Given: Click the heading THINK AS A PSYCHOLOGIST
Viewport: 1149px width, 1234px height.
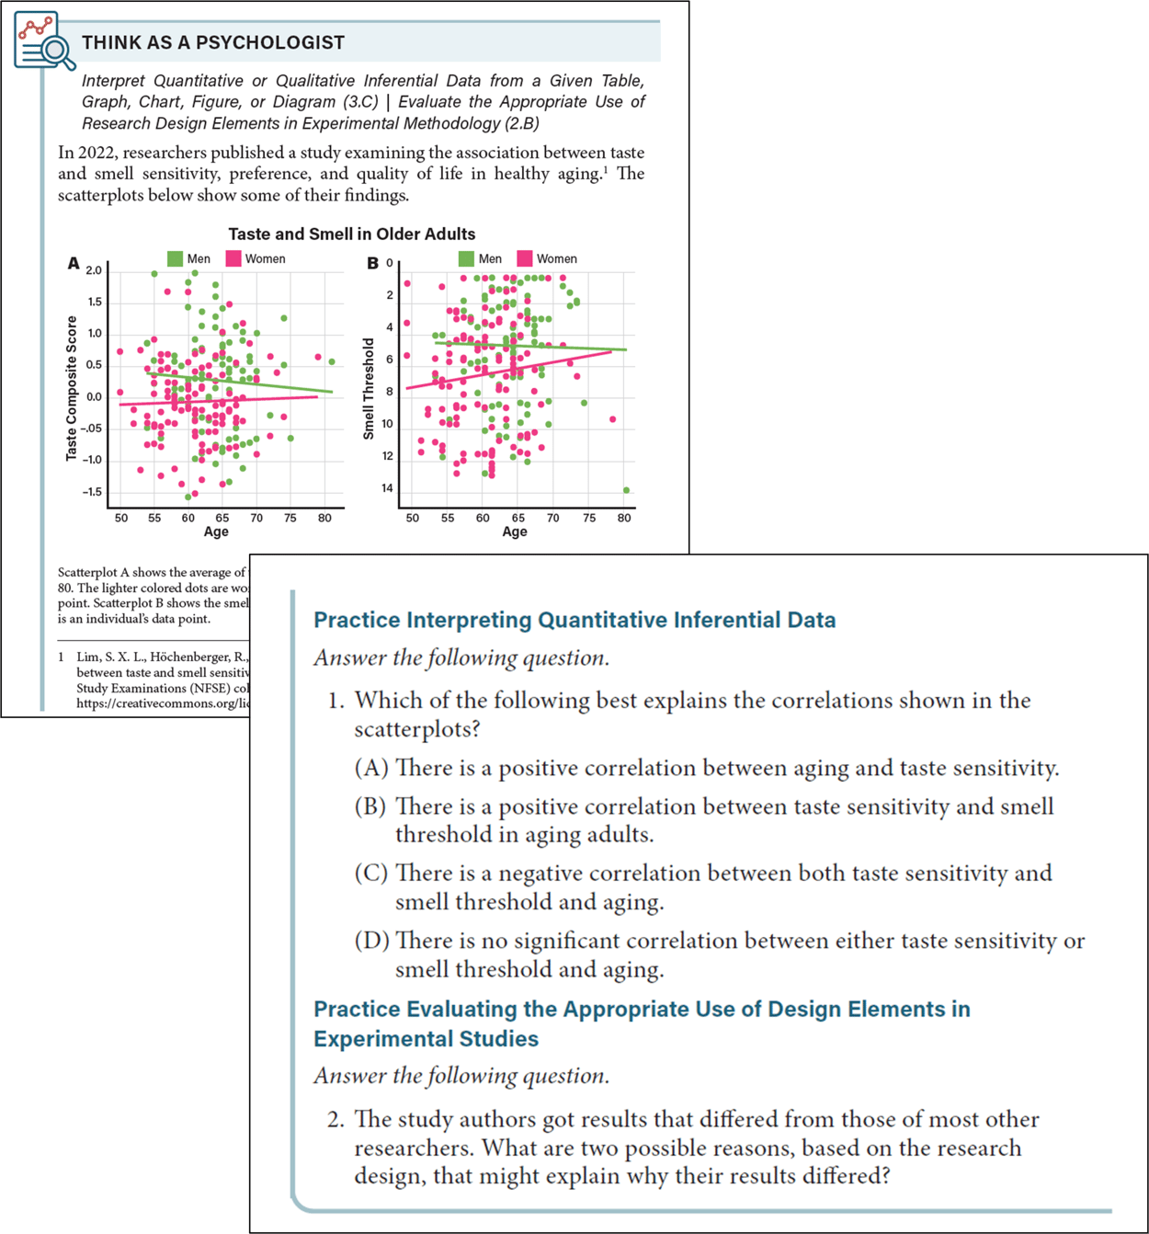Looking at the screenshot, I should pos(213,42).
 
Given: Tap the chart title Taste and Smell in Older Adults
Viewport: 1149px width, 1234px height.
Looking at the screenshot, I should pos(351,234).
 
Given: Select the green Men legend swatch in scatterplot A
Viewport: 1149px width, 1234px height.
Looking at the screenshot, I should pos(176,258).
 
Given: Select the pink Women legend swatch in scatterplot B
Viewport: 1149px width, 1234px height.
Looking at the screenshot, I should pos(525,258).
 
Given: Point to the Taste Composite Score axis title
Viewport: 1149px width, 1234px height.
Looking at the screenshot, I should pos(72,387).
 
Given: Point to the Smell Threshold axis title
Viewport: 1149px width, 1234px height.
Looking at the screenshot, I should pos(369,388).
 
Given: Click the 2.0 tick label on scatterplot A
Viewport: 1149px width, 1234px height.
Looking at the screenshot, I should pos(94,270).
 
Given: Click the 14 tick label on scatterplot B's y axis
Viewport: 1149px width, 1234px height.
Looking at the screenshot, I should pos(387,488).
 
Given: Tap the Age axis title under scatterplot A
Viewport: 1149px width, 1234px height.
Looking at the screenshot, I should pos(216,531).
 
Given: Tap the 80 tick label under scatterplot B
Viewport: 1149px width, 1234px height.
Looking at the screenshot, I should pos(624,518).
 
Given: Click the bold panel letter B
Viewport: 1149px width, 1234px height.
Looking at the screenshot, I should pos(372,264).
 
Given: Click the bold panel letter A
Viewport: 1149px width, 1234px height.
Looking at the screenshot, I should pos(74,264).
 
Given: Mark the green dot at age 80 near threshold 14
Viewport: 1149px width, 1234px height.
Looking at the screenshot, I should pos(626,490).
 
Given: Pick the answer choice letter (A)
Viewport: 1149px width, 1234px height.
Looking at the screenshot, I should pos(371,768).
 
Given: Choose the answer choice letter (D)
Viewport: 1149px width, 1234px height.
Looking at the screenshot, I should pos(371,941).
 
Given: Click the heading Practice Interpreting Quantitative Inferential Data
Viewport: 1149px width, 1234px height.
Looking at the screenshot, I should pos(574,620).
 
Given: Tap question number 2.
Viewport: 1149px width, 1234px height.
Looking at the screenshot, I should pos(336,1119).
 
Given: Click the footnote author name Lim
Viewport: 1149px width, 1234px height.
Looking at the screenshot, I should pos(87,657).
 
